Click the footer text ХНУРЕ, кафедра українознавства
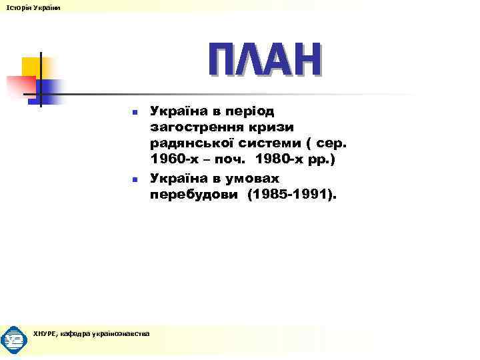(x=91, y=333)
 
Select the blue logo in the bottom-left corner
(x=14, y=340)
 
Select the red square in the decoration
(x=19, y=85)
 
